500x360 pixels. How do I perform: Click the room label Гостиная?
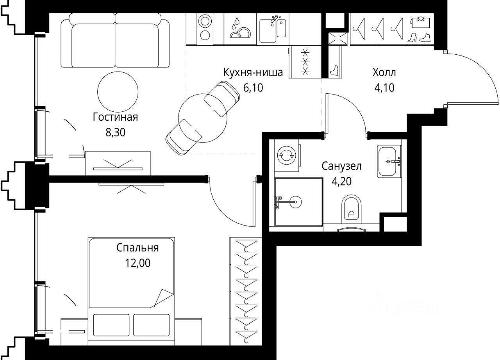115,117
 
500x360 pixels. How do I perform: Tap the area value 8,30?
115,133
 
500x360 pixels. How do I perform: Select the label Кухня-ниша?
253,73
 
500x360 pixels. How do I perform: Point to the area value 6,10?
253,88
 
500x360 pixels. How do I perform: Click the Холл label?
384,73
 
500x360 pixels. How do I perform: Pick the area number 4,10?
384,88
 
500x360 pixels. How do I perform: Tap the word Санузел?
341,166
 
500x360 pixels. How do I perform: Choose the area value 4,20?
342,181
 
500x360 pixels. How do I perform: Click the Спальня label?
137,248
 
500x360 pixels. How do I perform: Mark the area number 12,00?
138,263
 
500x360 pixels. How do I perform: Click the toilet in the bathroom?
351,210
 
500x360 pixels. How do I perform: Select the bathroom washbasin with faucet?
389,161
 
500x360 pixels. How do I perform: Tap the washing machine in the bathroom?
287,156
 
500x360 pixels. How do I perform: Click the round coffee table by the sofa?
118,92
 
